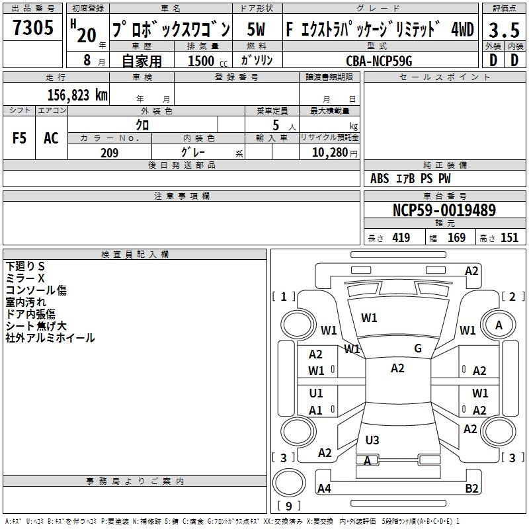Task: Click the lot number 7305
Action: [x=33, y=28]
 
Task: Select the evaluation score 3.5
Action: [x=503, y=30]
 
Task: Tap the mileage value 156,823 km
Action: [x=77, y=95]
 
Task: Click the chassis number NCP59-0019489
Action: [x=444, y=210]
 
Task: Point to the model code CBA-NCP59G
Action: [x=379, y=60]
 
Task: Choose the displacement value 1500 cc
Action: [x=203, y=61]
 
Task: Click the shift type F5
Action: [x=20, y=138]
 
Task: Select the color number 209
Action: [x=110, y=153]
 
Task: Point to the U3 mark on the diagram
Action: [x=372, y=440]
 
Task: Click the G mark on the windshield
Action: [x=418, y=348]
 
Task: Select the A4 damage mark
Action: [x=324, y=489]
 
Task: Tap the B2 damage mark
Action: [x=471, y=489]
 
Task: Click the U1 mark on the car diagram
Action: [x=316, y=393]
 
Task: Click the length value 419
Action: [x=401, y=238]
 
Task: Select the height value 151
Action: [x=509, y=238]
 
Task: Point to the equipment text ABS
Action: [x=380, y=179]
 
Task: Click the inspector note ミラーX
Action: [x=26, y=278]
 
